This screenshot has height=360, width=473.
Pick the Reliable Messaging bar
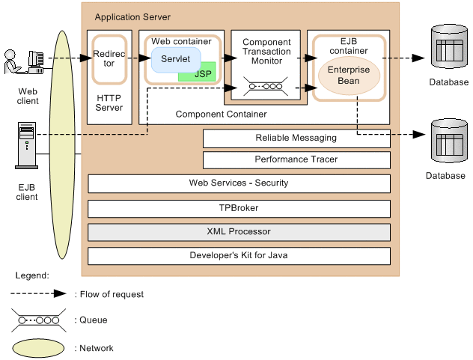click(296, 138)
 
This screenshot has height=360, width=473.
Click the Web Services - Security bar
click(239, 183)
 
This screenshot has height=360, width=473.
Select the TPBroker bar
click(239, 208)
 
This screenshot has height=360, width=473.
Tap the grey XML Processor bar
click(239, 232)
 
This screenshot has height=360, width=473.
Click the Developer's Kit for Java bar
click(239, 256)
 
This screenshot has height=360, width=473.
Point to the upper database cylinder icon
click(448, 47)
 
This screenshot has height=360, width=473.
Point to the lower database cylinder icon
click(448, 142)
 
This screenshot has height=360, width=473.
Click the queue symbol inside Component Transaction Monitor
click(266, 88)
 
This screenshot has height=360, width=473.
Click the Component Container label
click(220, 115)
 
